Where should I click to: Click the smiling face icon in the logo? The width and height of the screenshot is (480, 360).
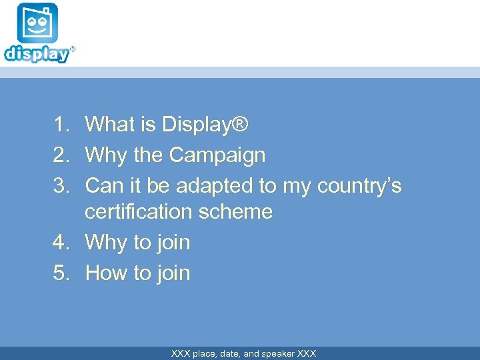click(x=37, y=23)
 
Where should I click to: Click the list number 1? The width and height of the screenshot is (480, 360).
click(x=62, y=124)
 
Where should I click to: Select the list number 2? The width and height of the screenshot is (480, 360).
click(x=62, y=155)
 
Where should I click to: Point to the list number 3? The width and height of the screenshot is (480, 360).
click(x=62, y=185)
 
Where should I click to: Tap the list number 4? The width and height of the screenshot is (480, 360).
click(x=62, y=243)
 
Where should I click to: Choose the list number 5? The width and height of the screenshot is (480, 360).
click(x=62, y=273)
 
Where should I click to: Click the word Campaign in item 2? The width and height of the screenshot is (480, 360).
click(x=217, y=155)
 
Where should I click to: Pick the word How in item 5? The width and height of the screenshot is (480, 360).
click(x=107, y=273)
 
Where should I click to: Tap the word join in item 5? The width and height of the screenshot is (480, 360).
click(x=173, y=273)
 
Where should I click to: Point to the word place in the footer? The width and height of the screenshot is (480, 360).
click(x=204, y=353)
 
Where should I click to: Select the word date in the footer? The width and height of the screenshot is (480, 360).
click(x=231, y=353)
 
